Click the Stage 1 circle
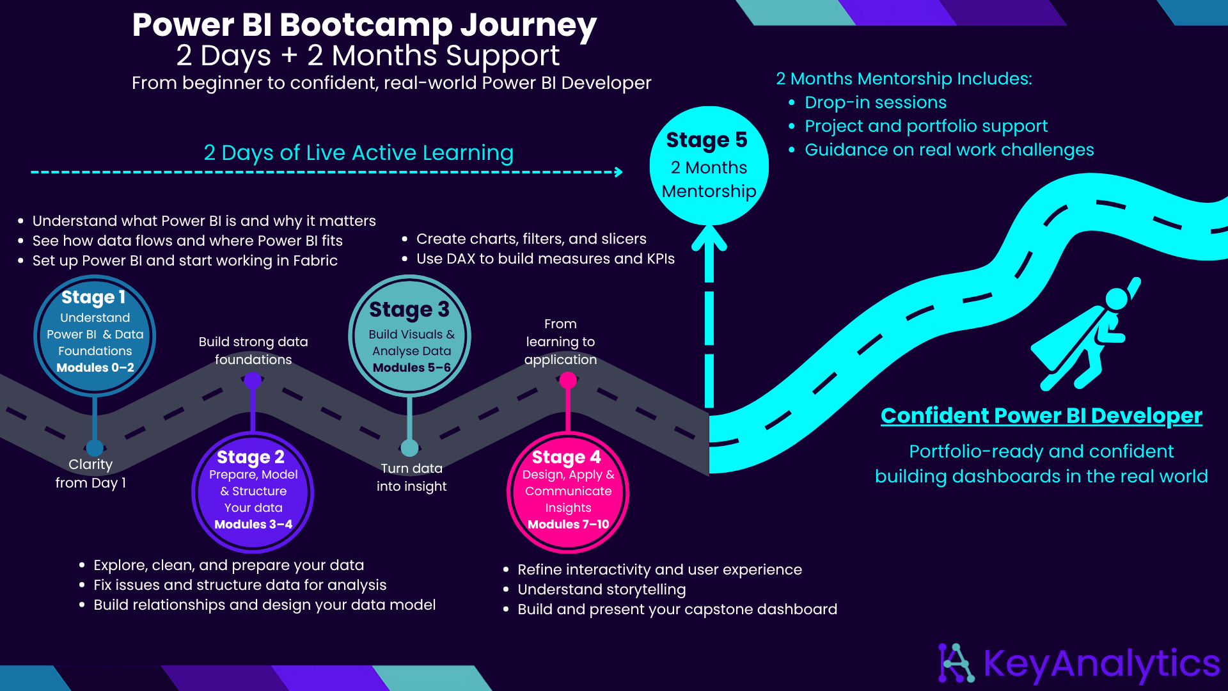(95, 336)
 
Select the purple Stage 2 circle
(253, 492)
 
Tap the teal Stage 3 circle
(410, 336)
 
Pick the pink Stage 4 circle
(568, 492)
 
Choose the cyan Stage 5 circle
(709, 166)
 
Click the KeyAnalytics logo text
(1101, 663)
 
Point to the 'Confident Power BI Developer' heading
(1041, 416)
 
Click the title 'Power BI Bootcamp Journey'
(364, 25)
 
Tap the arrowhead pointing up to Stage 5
(709, 238)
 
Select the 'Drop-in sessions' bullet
(876, 102)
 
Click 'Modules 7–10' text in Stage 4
(568, 525)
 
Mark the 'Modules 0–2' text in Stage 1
(95, 368)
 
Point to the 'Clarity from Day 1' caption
(91, 473)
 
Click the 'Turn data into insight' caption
(411, 477)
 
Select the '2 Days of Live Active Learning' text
(358, 153)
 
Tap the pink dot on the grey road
(568, 381)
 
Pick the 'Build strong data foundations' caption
(253, 351)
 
